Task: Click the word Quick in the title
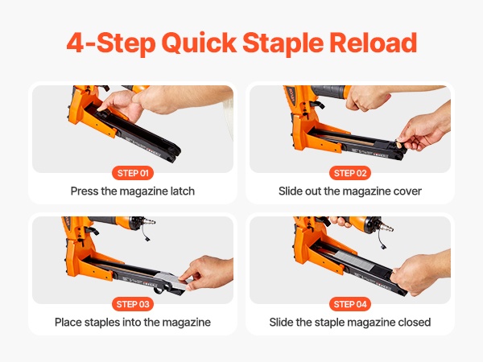[199, 43]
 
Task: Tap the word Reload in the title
[373, 43]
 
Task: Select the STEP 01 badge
[133, 173]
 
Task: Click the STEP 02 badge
[350, 173]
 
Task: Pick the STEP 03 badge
[133, 304]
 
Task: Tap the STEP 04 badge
[350, 304]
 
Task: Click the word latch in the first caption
[183, 191]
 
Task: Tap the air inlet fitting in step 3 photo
[149, 221]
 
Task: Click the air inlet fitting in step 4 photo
[386, 227]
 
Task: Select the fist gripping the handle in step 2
[368, 98]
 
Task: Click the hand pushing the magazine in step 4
[419, 272]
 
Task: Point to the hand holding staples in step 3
[208, 273]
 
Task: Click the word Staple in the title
[283, 43]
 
